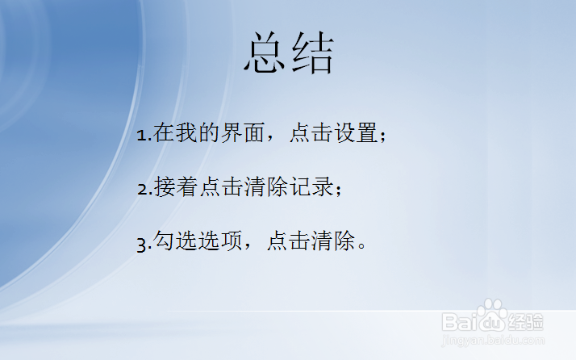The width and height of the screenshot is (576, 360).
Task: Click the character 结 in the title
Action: coord(312,54)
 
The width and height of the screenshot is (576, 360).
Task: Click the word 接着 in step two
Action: coord(176,188)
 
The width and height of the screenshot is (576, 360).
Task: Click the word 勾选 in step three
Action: coord(176,241)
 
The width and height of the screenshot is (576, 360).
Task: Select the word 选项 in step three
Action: coord(221,241)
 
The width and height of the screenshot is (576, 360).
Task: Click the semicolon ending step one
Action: coord(382,136)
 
